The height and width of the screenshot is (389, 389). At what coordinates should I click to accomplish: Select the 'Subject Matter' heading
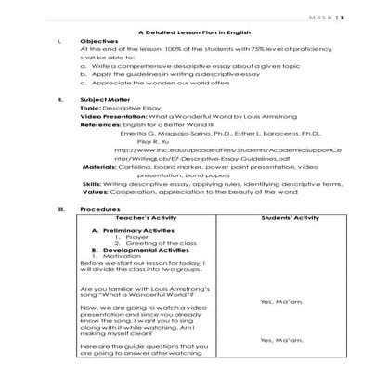[x=106, y=98]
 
